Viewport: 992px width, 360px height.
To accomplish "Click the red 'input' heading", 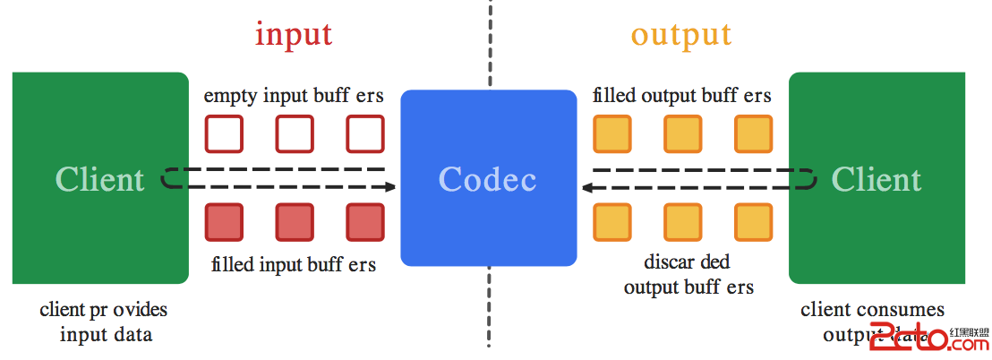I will pyautogui.click(x=294, y=34).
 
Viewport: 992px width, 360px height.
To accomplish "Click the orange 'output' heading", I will pyautogui.click(x=680, y=34).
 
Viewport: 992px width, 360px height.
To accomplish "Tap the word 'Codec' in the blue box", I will pyautogui.click(x=487, y=179).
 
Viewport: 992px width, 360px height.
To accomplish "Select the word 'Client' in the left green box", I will pyautogui.click(x=99, y=179).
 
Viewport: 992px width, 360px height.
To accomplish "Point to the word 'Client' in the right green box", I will pyautogui.click(x=876, y=179).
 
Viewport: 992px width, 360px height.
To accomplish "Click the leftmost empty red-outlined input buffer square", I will pyautogui.click(x=223, y=134).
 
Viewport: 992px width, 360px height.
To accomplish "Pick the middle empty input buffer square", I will pyautogui.click(x=294, y=134).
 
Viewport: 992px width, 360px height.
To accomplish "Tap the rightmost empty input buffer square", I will pyautogui.click(x=365, y=134).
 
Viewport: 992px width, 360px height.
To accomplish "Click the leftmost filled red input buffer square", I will pyautogui.click(x=223, y=222).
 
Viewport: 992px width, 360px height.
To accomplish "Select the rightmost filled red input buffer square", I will pyautogui.click(x=365, y=222).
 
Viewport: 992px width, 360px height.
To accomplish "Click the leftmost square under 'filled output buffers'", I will pyautogui.click(x=611, y=134).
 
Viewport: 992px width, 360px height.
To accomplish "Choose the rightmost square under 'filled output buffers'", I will pyautogui.click(x=753, y=134).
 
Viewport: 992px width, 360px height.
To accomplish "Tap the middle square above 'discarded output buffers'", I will pyautogui.click(x=682, y=222).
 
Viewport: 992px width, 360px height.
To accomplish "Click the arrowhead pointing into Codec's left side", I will pyautogui.click(x=389, y=187).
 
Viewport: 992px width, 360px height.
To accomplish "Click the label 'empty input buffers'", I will pyautogui.click(x=294, y=96).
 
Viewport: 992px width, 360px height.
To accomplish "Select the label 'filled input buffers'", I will pyautogui.click(x=294, y=265).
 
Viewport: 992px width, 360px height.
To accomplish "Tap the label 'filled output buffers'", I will pyautogui.click(x=682, y=96).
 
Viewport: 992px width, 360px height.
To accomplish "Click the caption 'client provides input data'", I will pyautogui.click(x=104, y=322).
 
